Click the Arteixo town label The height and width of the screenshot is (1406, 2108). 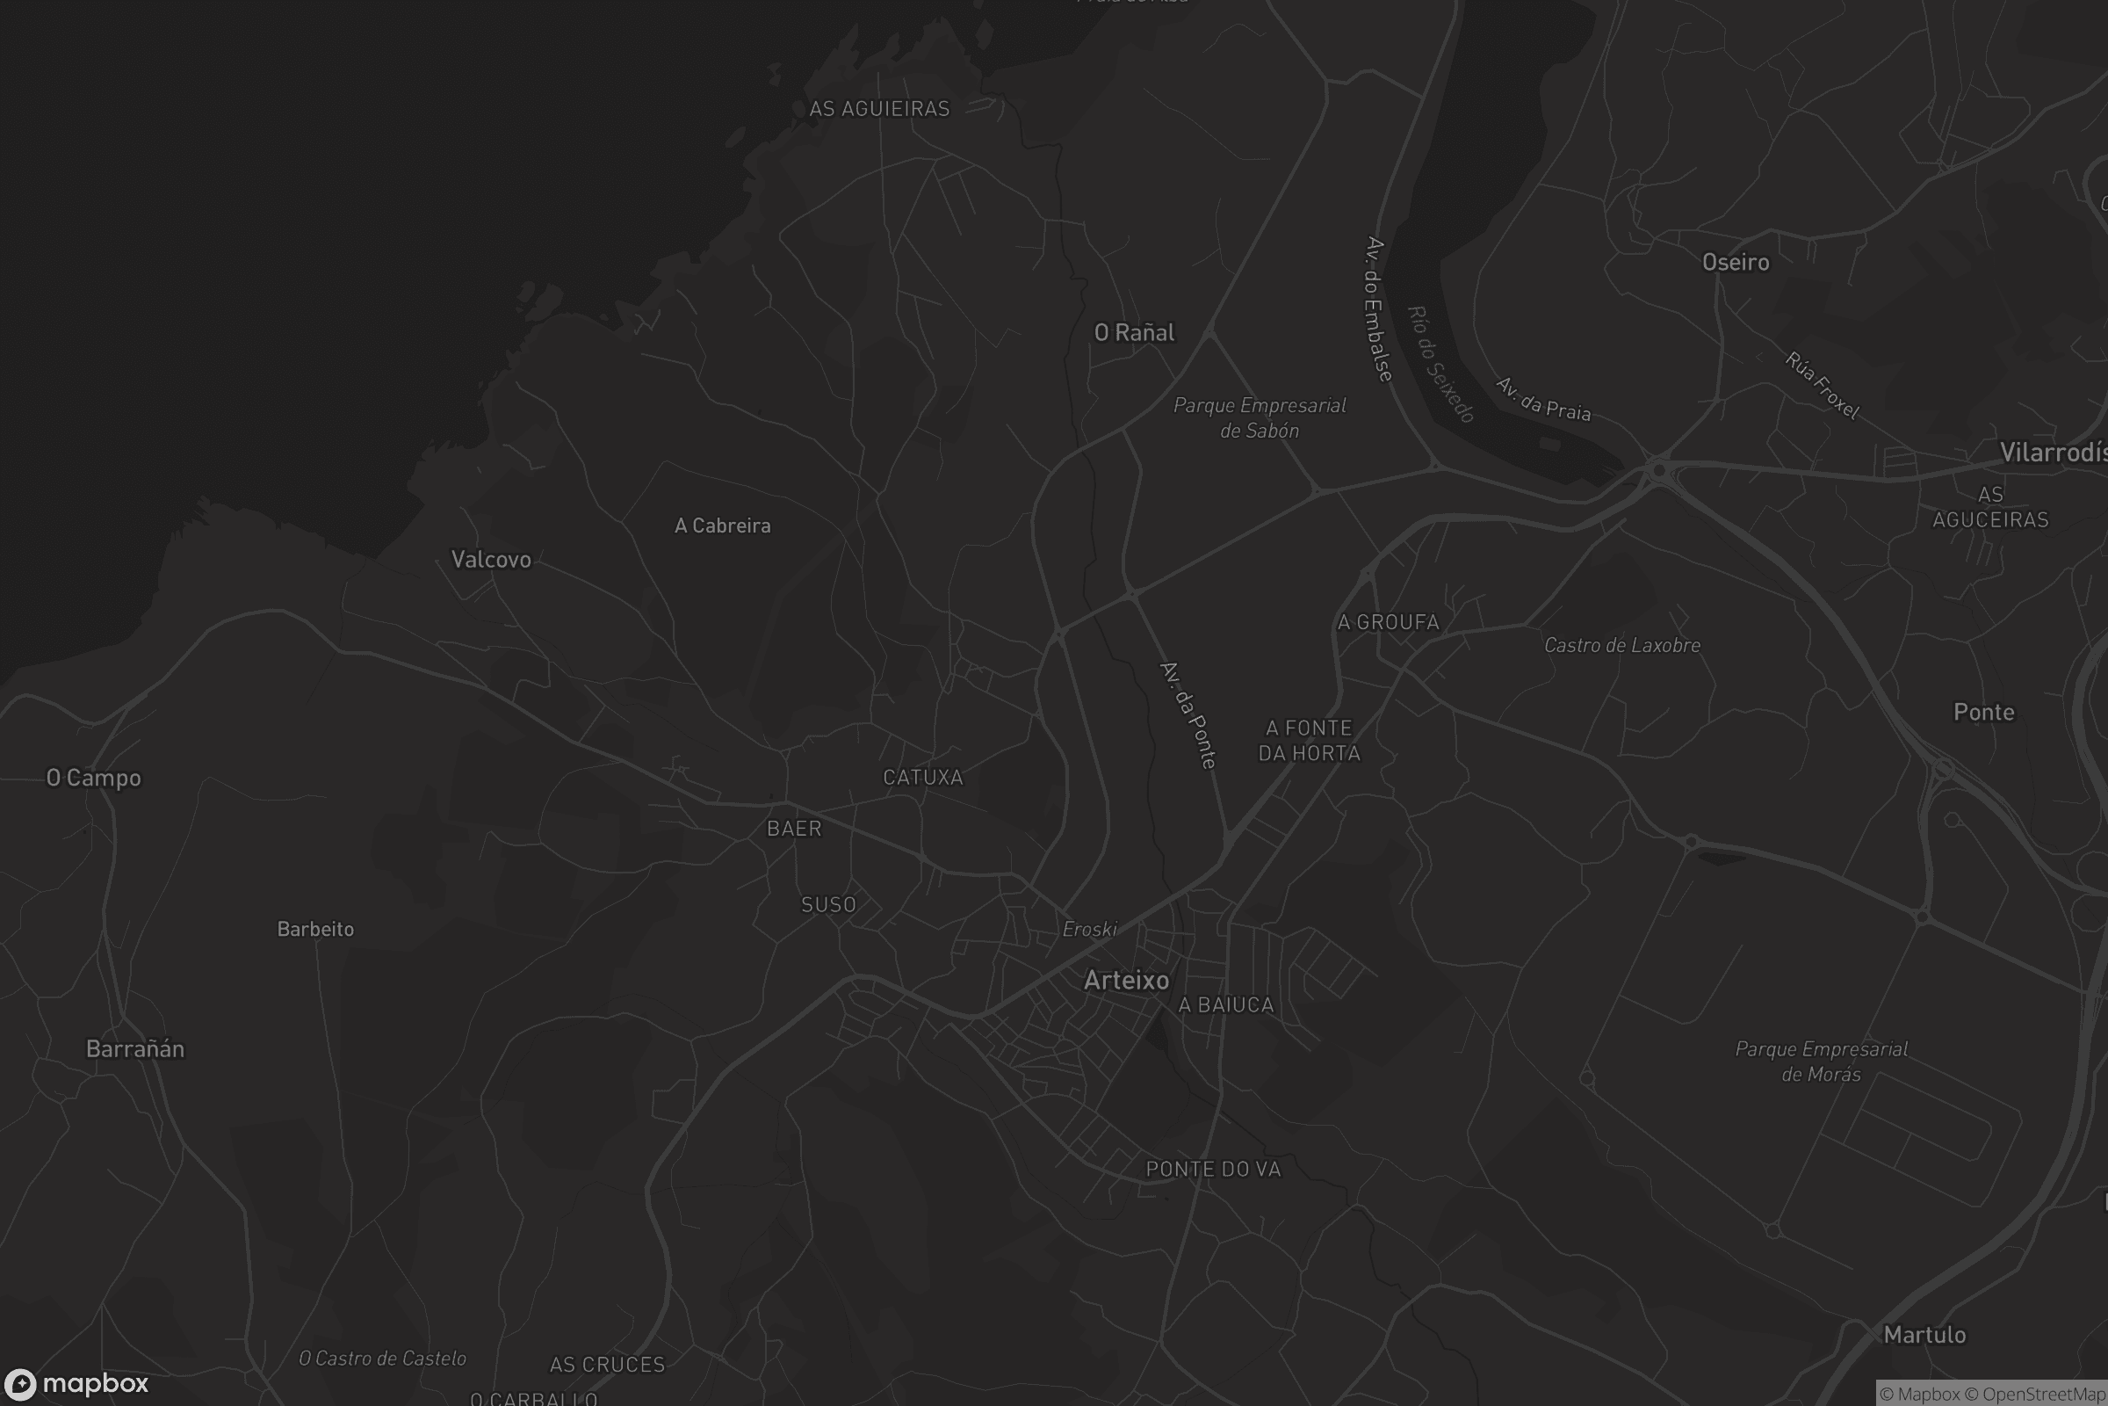point(1126,980)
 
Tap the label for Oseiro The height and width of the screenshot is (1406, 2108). point(1736,262)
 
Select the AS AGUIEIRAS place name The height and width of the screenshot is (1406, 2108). point(878,108)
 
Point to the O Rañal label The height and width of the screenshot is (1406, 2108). point(1134,333)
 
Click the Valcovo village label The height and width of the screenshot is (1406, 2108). point(490,560)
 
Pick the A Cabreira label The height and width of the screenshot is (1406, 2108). point(721,525)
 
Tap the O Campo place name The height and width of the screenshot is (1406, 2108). point(93,778)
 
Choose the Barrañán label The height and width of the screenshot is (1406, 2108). point(134,1048)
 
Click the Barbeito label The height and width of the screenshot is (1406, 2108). point(314,929)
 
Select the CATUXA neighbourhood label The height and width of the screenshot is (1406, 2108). point(922,778)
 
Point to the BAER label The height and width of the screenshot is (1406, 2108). point(793,829)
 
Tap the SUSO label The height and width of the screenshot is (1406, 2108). point(827,905)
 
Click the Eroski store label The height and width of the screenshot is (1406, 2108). point(1089,929)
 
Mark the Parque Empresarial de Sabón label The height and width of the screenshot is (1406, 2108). point(1260,418)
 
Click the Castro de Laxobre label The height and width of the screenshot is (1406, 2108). point(1621,645)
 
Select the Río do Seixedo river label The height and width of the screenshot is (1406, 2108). point(1440,364)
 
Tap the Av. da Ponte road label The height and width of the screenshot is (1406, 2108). point(1188,714)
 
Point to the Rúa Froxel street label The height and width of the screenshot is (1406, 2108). point(1822,386)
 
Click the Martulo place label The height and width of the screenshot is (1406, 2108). point(1924,1334)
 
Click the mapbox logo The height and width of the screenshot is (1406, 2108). point(76,1383)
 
